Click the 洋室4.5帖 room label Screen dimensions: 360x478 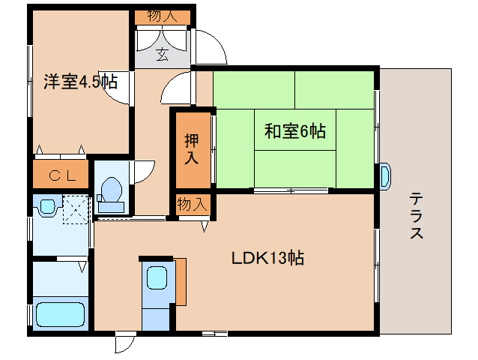pos(80,82)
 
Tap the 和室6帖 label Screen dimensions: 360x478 pos(294,131)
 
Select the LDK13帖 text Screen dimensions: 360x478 pos(267,259)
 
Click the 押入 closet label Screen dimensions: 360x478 pos(192,148)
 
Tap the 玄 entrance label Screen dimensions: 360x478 pos(162,53)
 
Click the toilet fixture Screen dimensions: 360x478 pos(111,191)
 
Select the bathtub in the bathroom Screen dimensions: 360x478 pos(61,314)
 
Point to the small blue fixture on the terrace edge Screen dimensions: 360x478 pos(384,175)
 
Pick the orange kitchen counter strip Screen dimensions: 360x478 pos(180,281)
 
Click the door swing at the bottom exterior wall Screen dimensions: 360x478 pos(124,343)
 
